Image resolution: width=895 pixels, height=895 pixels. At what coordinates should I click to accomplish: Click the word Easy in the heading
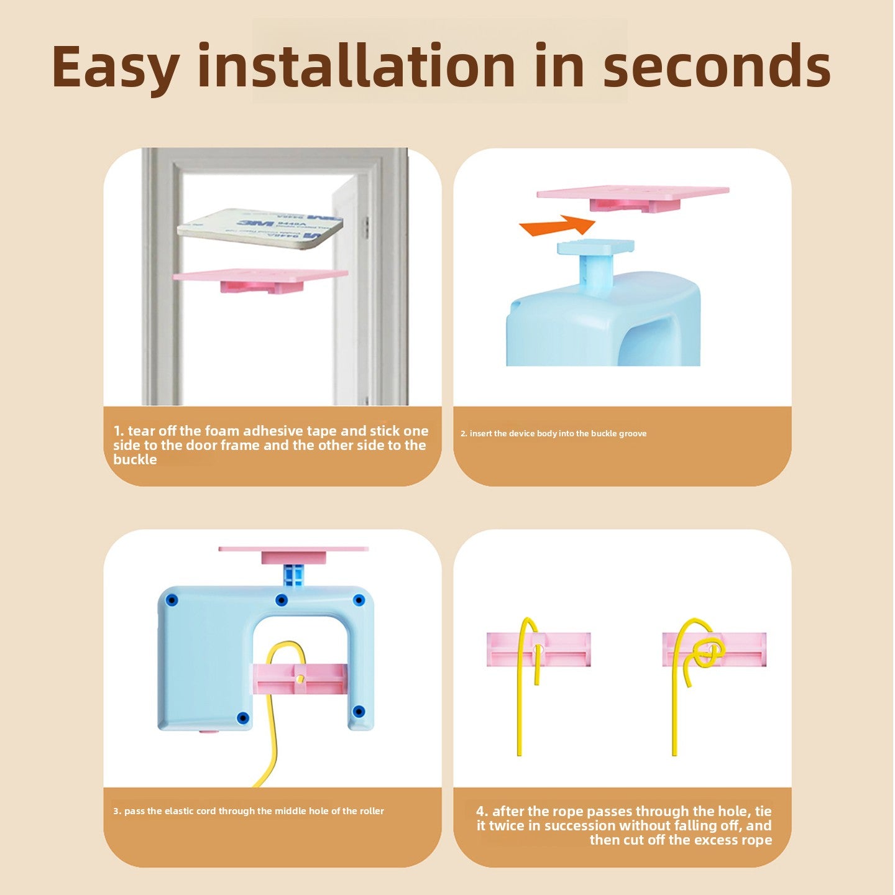(116, 67)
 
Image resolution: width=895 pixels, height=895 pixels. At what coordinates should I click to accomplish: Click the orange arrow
(558, 226)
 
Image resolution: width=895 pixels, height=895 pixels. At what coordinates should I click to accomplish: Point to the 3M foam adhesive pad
(260, 229)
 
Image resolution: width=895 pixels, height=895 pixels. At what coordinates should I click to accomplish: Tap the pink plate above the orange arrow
(633, 199)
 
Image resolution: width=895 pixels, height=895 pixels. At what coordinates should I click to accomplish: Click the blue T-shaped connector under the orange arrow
(596, 262)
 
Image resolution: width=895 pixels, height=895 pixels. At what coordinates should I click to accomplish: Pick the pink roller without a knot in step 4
(539, 649)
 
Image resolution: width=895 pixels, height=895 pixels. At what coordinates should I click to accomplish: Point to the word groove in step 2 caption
(633, 434)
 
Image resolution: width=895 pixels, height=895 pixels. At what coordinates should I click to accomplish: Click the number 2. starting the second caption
(464, 434)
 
